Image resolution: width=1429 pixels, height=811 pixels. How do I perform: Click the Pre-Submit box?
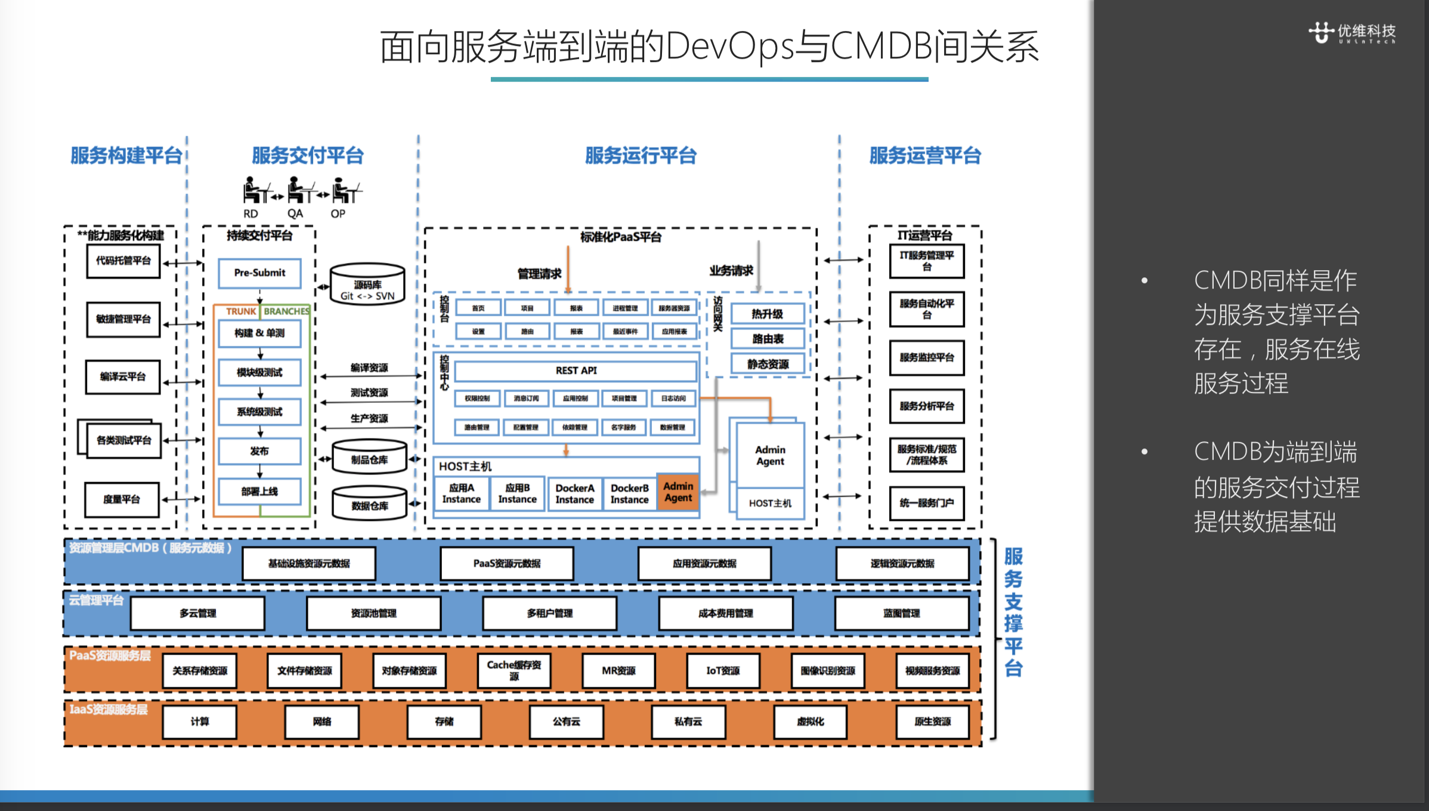259,273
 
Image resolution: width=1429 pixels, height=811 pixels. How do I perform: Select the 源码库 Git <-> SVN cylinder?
367,284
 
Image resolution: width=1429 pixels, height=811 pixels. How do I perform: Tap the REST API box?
576,371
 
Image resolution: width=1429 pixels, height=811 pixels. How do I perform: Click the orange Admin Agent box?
678,492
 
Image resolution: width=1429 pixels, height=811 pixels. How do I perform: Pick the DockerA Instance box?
574,494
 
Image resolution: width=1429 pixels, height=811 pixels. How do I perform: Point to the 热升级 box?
768,314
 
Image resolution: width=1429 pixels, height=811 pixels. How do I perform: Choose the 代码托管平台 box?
123,261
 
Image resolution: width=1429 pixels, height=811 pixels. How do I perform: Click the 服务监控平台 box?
927,358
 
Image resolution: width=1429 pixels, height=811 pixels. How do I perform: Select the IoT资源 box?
723,671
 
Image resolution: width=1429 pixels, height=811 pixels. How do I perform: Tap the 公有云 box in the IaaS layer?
566,722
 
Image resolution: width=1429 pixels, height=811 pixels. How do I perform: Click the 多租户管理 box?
549,613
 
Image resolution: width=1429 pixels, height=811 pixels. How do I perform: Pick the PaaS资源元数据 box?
507,564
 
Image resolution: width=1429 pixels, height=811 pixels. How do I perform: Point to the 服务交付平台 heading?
308,156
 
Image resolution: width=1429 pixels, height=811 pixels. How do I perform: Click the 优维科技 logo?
1352,32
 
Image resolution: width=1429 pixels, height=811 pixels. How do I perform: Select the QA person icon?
296,191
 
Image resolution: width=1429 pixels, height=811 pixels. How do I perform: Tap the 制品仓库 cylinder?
369,458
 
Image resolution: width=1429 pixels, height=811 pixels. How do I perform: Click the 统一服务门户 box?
927,503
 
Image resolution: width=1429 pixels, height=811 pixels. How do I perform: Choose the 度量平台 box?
122,499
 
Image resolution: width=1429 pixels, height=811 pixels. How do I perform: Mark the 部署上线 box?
259,491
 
